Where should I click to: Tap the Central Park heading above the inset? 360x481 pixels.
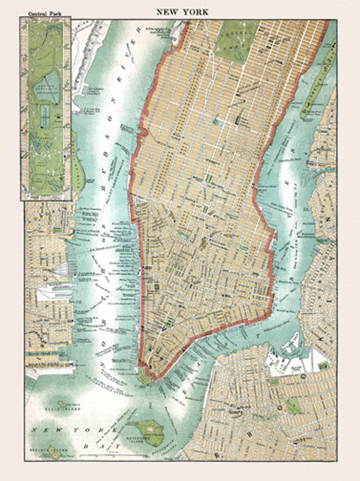(45, 14)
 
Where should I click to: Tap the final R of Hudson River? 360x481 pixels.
(138, 31)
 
